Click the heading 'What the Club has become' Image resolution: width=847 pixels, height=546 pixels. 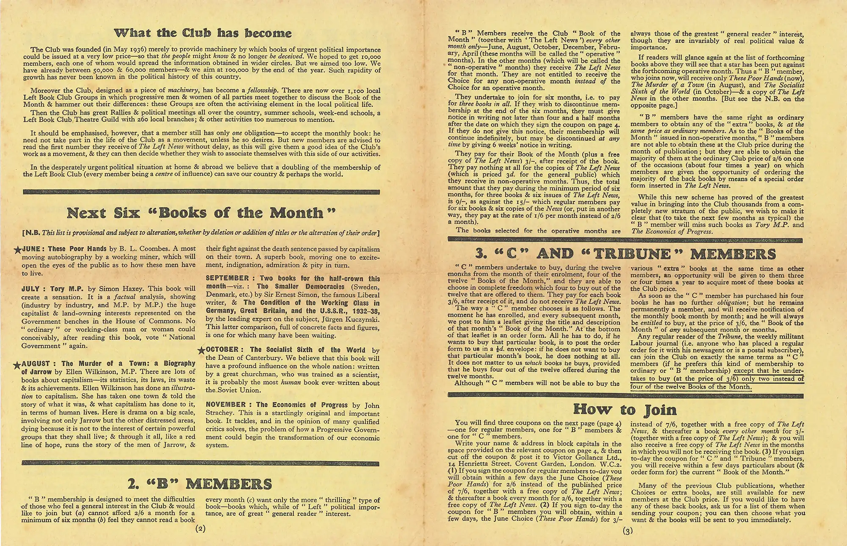pyautogui.click(x=203, y=33)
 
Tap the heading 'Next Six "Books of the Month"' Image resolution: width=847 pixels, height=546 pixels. pyautogui.click(x=201, y=212)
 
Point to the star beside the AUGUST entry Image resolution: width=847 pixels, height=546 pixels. pyautogui.click(x=17, y=364)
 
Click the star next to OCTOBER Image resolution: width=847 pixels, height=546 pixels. pyautogui.click(x=202, y=350)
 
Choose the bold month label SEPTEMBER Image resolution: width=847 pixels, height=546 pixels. pyautogui.click(x=227, y=278)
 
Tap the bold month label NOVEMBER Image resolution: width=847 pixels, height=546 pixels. pyautogui.click(x=226, y=405)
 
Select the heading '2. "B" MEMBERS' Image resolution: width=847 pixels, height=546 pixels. pyautogui.click(x=199, y=484)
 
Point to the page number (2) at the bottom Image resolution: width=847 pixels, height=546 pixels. pyautogui.click(x=200, y=529)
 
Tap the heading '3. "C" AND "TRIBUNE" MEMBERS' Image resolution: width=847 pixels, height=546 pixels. pyautogui.click(x=626, y=254)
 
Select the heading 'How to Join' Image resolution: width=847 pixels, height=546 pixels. pyautogui.click(x=625, y=409)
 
